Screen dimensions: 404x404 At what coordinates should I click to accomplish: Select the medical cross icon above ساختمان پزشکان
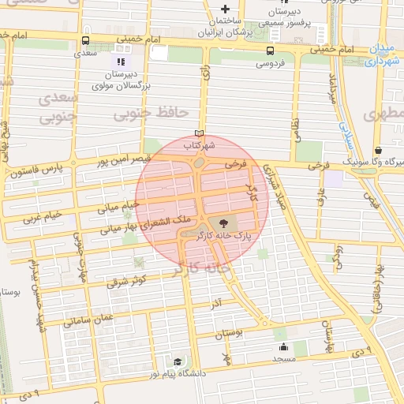coord(225,9)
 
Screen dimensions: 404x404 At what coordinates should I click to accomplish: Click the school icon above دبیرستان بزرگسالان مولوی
coord(120,62)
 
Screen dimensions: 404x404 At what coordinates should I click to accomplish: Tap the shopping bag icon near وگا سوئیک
coord(379,150)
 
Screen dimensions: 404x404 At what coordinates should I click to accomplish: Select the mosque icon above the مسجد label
coord(283,346)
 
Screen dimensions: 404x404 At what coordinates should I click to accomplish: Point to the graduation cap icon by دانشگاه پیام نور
coord(178,361)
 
